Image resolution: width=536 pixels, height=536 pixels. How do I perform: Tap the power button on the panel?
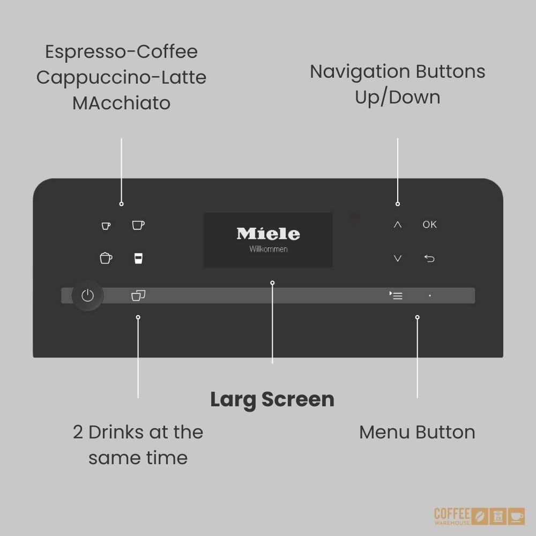click(87, 295)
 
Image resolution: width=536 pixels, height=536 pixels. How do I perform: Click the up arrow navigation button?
click(398, 225)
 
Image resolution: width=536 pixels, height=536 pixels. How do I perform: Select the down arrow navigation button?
click(398, 258)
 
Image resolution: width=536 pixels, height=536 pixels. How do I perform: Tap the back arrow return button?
click(429, 258)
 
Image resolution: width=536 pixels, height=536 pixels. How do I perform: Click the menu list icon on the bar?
click(396, 295)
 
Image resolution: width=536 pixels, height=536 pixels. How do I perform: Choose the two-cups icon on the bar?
click(138, 295)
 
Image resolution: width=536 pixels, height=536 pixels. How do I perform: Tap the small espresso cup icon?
click(106, 226)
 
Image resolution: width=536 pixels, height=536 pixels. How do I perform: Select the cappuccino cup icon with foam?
click(106, 258)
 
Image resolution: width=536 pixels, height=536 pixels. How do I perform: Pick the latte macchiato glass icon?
click(138, 258)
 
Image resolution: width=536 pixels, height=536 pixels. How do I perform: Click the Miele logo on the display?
click(269, 234)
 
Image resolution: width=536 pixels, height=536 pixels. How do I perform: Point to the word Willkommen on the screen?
click(269, 249)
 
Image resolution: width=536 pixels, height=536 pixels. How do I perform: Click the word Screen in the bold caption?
click(297, 399)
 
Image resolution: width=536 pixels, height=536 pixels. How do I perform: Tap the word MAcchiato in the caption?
click(121, 103)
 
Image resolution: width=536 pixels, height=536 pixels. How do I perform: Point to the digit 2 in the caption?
click(78, 433)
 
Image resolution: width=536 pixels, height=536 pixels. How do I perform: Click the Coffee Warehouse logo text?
click(452, 516)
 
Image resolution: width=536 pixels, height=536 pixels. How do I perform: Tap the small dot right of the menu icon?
click(430, 296)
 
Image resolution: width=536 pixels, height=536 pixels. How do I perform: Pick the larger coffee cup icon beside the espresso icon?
click(138, 225)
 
